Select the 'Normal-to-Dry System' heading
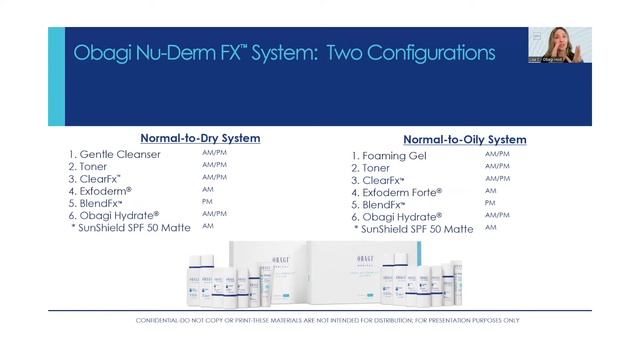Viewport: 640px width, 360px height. click(x=200, y=137)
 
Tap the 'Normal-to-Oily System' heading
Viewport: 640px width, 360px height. click(x=465, y=139)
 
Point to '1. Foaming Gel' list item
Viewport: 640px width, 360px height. click(x=395, y=155)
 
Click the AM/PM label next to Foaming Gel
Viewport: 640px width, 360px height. click(x=497, y=154)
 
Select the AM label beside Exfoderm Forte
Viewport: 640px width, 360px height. click(x=490, y=190)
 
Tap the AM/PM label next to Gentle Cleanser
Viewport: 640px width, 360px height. click(x=214, y=153)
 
